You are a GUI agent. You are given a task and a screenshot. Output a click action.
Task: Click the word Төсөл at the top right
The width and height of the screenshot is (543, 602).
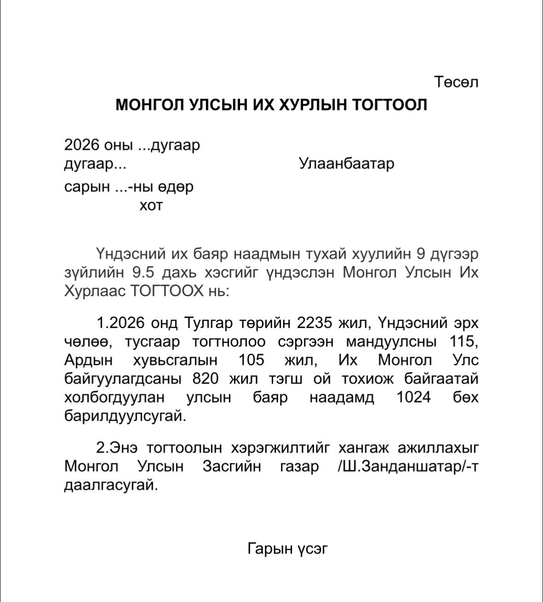click(x=456, y=82)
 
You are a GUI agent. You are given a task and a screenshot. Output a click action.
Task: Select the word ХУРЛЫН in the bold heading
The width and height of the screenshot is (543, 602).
click(x=312, y=105)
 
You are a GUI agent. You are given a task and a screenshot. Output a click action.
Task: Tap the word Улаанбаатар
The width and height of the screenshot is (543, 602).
click(x=346, y=163)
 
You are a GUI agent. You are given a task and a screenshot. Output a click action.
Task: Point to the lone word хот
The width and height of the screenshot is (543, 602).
click(x=151, y=205)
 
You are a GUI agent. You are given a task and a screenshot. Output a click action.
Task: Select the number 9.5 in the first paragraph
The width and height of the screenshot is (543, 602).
click(x=143, y=272)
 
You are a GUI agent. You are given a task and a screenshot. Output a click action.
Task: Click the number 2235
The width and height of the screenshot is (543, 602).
click(x=314, y=323)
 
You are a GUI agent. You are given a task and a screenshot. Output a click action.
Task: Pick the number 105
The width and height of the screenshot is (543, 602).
click(x=251, y=360)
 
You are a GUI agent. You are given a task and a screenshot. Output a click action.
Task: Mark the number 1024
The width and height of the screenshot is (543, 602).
click(x=414, y=397)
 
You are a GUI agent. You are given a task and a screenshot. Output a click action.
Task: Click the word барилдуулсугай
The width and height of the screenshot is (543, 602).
click(x=125, y=416)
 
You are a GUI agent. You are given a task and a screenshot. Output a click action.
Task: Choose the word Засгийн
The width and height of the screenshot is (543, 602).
click(x=232, y=466)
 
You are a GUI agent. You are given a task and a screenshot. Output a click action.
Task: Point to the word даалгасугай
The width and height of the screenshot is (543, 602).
click(x=111, y=485)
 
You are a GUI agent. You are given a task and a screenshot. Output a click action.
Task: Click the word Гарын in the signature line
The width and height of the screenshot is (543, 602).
click(x=270, y=548)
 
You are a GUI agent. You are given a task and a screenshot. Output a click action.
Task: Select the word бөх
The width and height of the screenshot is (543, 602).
click(x=466, y=397)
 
